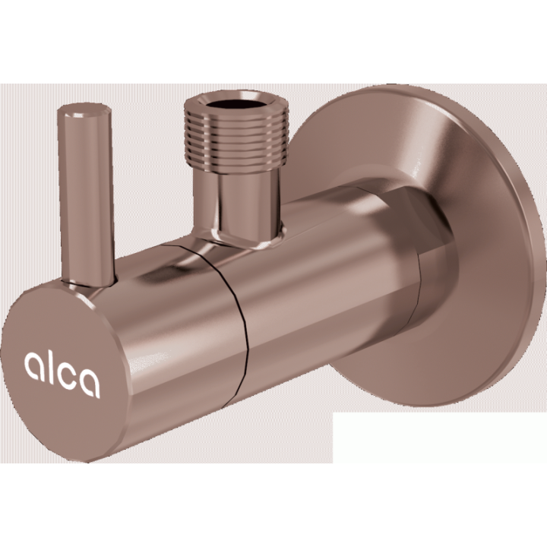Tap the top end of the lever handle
pos(84,110)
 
